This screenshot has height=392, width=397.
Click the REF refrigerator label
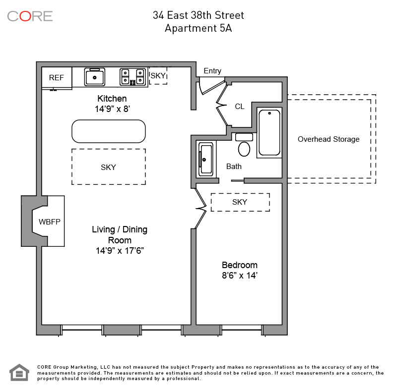[57, 78]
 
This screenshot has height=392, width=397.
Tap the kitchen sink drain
[95, 78]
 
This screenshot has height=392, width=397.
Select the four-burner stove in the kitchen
[133, 77]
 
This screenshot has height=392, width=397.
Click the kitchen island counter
[109, 131]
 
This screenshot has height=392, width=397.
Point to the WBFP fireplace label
[50, 222]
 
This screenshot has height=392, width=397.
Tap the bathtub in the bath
[269, 133]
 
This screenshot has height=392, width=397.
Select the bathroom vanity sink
[205, 160]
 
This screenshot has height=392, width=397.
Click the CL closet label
[240, 107]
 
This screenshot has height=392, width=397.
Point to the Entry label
[212, 71]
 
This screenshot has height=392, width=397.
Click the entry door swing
[212, 86]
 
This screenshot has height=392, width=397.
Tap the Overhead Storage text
[329, 139]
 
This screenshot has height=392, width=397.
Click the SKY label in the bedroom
[240, 202]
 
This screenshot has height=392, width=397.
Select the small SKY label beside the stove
[158, 75]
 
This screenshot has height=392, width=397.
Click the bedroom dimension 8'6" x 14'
[240, 275]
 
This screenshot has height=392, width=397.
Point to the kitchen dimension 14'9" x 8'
[113, 109]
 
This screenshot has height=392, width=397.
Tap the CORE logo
[30, 16]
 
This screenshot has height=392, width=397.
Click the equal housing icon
[19, 372]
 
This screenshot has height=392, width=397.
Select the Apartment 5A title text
[198, 28]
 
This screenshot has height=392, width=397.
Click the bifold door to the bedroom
[201, 209]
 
